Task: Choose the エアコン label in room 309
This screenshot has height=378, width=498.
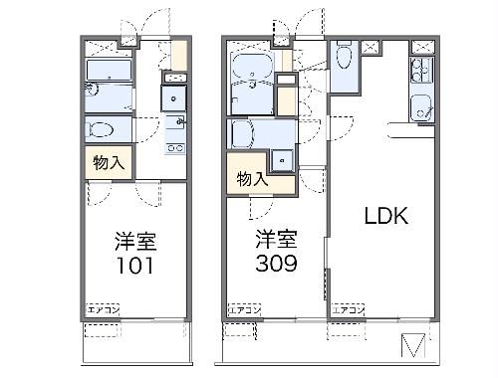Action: pyautogui.click(x=246, y=310)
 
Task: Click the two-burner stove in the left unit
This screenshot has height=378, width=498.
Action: pyautogui.click(x=175, y=148)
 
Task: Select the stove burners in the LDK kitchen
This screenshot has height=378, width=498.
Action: pyautogui.click(x=419, y=72)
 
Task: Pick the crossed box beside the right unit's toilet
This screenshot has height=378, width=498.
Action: pyautogui.click(x=370, y=46)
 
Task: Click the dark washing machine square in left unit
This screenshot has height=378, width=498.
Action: pyautogui.click(x=175, y=97)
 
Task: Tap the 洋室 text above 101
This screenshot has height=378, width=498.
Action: pyautogui.click(x=136, y=241)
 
